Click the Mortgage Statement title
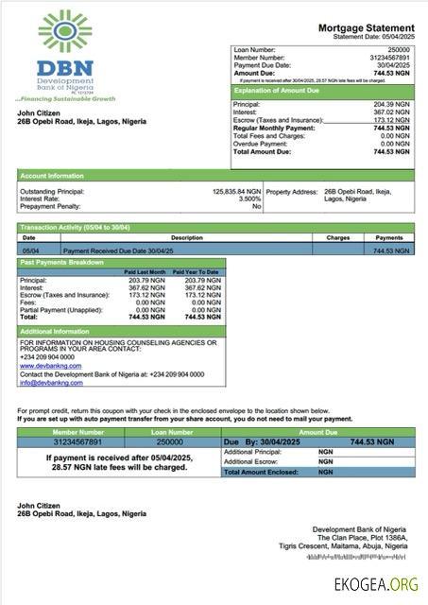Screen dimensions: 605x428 click(365, 28)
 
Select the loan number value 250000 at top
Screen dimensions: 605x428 click(399, 48)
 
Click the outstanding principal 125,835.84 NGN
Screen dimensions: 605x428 click(236, 191)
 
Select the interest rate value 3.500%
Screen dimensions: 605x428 click(248, 199)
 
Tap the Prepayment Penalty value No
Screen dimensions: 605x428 click(256, 206)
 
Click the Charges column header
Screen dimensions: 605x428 click(338, 238)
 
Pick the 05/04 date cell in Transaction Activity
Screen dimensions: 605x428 click(29, 251)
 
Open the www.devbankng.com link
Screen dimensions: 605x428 click(46, 365)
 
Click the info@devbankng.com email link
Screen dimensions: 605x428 click(50, 382)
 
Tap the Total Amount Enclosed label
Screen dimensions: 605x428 click(262, 471)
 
